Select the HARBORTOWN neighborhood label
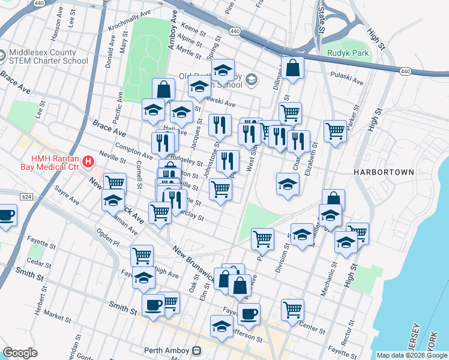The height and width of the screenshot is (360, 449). (x=384, y=172)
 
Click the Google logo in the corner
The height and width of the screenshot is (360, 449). (x=20, y=353)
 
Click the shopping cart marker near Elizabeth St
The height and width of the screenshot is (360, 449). (x=335, y=131)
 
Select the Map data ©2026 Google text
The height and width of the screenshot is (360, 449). (x=411, y=355)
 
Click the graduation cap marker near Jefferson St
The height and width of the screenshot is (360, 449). (x=221, y=326)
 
